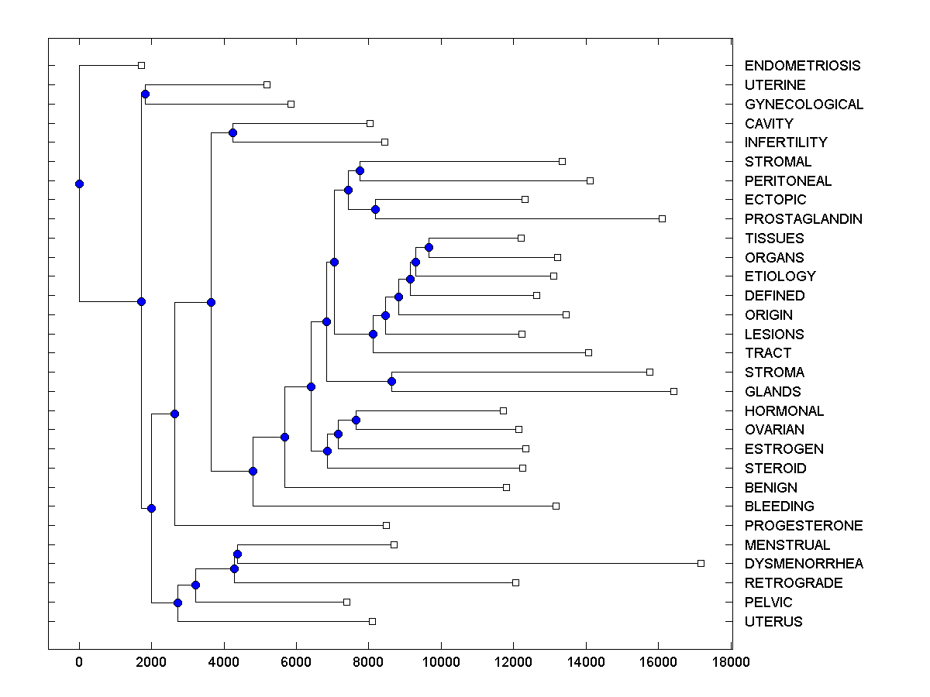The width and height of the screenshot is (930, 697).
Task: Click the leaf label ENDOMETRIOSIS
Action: [x=802, y=66]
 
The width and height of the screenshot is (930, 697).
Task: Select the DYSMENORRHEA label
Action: [x=804, y=564]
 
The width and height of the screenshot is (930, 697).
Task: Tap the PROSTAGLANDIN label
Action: [x=803, y=219]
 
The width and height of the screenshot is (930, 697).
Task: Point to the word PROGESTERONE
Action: [x=804, y=526]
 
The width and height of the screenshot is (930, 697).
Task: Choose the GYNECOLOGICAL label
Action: [x=804, y=105]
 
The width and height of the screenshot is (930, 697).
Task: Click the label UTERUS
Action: [x=773, y=622]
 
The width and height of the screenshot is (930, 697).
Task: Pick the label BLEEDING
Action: [x=779, y=506]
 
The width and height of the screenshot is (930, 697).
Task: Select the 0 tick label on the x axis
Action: [x=79, y=662]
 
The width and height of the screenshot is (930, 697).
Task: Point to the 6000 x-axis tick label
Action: [x=296, y=662]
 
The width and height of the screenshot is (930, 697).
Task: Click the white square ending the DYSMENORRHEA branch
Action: [x=701, y=563]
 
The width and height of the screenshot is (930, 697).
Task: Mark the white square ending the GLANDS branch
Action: [x=673, y=391]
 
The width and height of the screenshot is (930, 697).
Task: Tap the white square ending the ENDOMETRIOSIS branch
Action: [x=141, y=65]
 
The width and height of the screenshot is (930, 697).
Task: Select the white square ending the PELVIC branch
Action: [x=346, y=602]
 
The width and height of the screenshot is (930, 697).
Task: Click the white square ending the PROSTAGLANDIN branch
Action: [x=662, y=218]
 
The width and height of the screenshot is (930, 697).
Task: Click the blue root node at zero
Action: [x=79, y=184]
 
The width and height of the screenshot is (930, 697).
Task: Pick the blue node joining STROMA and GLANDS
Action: [x=391, y=381]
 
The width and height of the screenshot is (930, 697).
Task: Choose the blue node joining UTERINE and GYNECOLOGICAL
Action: [x=145, y=94]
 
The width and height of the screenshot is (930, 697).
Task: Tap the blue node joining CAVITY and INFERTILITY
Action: [x=232, y=132]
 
